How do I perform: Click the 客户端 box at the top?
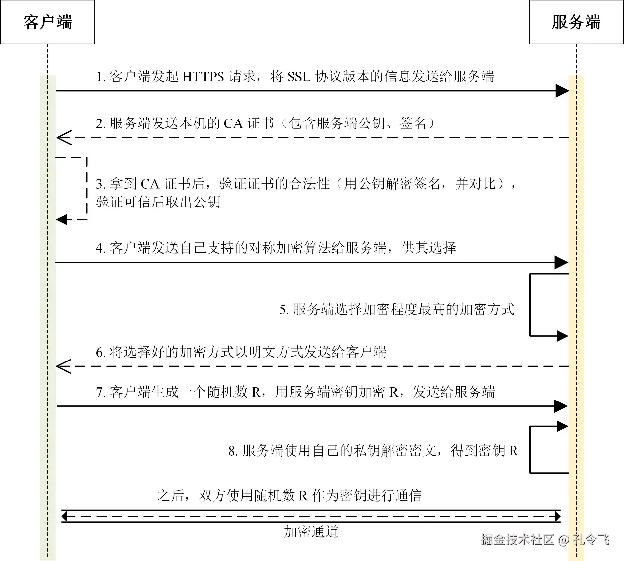pos(47,22)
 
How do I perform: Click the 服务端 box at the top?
pos(576,22)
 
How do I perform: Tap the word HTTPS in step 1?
pos(203,77)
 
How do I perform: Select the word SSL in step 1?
pos(298,77)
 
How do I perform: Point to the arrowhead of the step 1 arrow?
pos(562,91)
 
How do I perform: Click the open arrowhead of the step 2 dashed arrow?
pos(63,138)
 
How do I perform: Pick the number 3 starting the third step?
pos(99,184)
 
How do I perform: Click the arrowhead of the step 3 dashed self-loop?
pos(61,219)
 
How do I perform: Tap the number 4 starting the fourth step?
pos(99,248)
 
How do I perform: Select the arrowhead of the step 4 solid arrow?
pos(562,263)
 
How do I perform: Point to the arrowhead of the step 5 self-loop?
pos(563,336)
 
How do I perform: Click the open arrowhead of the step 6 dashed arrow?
pos(63,366)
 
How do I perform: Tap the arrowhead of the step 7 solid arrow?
pos(562,406)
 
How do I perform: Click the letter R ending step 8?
pos(513,451)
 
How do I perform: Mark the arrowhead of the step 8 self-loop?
pos(563,426)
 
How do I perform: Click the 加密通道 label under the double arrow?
pos(311,531)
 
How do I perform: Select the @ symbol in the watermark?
pos(564,540)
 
